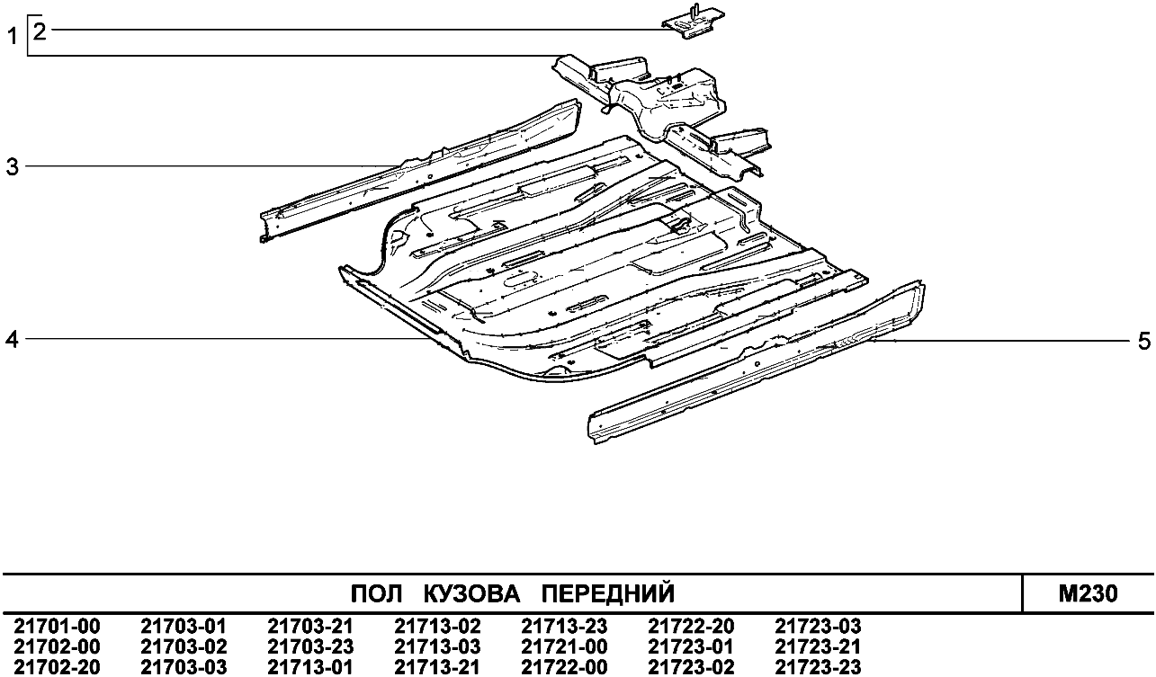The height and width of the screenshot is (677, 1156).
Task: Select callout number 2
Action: (39, 31)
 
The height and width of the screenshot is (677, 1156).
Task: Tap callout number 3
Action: (13, 166)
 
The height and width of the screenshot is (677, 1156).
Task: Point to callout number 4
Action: (13, 339)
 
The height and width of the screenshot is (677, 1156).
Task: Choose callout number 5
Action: (1143, 341)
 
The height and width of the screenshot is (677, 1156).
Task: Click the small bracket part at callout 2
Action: (694, 22)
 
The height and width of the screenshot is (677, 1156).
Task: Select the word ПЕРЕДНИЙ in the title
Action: (610, 594)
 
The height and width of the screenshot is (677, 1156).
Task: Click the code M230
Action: (1089, 594)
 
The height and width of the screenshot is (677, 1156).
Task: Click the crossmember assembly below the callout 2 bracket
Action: (666, 99)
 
